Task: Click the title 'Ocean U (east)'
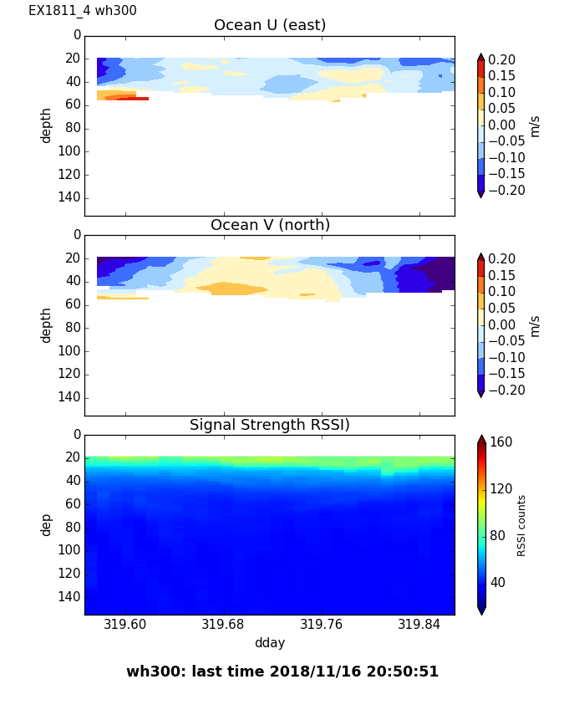pos(269,25)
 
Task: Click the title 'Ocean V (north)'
pos(269,225)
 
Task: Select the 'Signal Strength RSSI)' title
pos(269,425)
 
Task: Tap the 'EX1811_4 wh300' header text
pos(83,11)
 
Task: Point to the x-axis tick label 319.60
pos(125,625)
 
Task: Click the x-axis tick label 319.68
pos(223,625)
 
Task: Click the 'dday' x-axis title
pos(269,643)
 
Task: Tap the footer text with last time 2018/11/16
pos(282,672)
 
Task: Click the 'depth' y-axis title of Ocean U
pos(47,125)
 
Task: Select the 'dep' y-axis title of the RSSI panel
pos(47,524)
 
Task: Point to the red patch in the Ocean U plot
pos(133,98)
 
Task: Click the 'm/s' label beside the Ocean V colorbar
pos(535,325)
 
